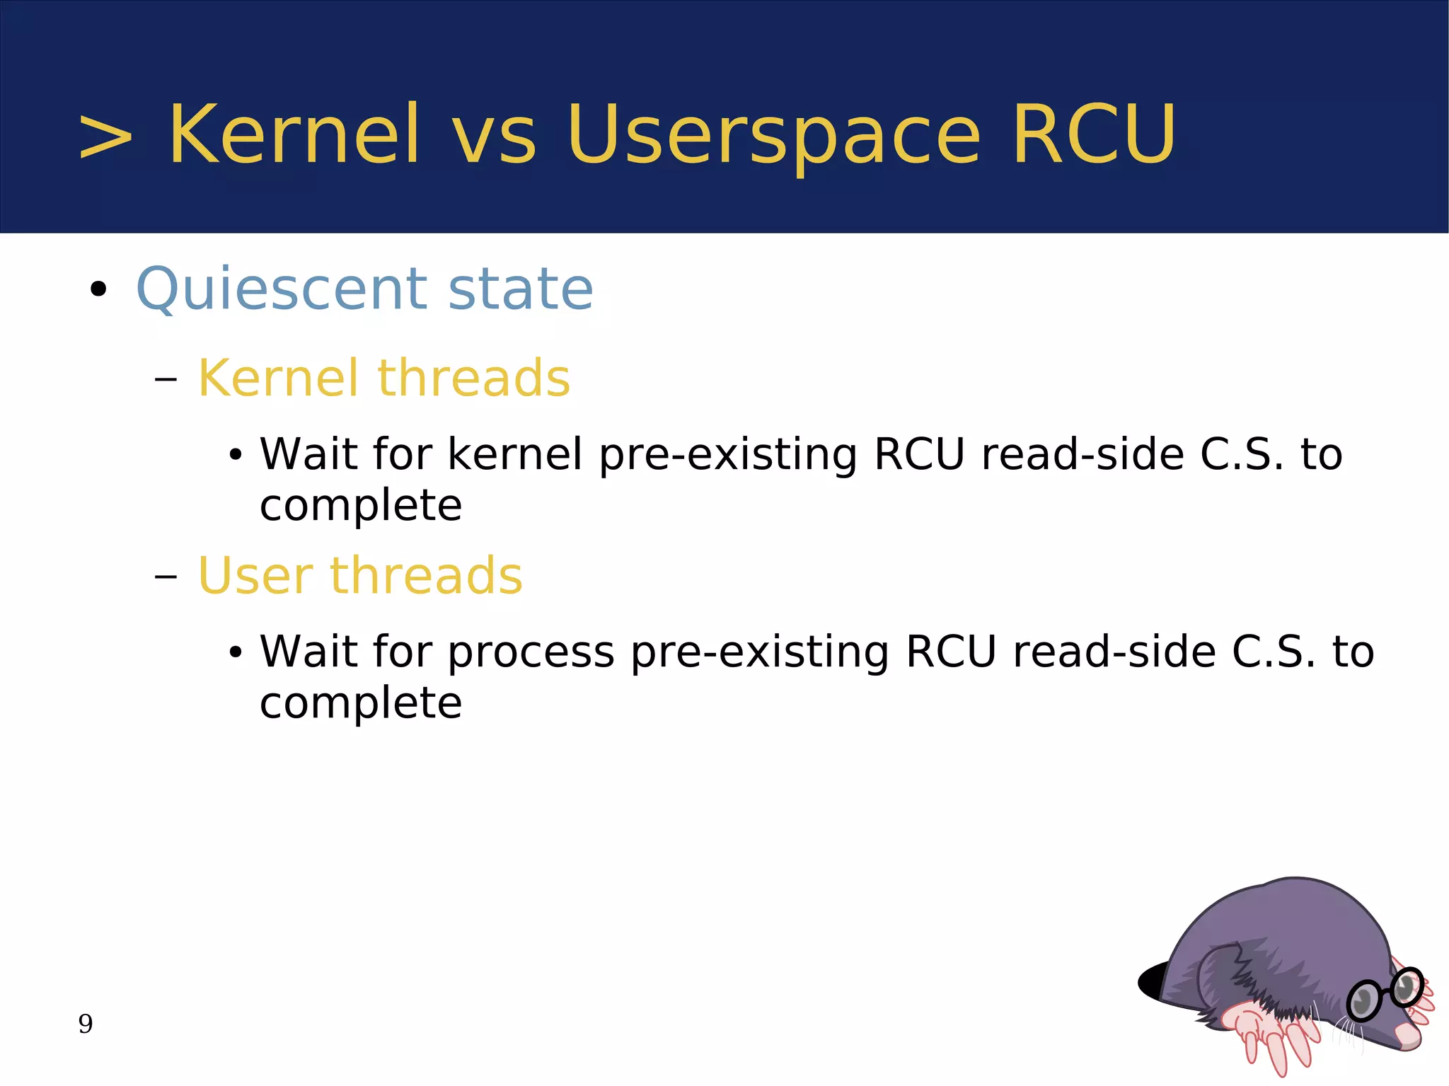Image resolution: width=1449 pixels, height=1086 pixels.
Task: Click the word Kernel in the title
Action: [x=294, y=134]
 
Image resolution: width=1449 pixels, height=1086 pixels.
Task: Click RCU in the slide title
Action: [x=1093, y=134]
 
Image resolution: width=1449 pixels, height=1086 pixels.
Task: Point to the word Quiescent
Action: [x=281, y=290]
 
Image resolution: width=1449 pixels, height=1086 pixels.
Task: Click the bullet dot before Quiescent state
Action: [x=98, y=289]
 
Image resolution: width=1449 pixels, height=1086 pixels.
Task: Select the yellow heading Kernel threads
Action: [x=383, y=379]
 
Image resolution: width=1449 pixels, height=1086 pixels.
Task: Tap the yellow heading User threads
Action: [x=359, y=576]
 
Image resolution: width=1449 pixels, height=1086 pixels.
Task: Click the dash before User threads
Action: [x=165, y=577]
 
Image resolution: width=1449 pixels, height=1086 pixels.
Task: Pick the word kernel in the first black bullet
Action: [x=514, y=454]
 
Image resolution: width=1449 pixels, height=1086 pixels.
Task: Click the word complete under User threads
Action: [x=361, y=705]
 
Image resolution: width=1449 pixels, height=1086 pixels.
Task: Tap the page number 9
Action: [x=86, y=1024]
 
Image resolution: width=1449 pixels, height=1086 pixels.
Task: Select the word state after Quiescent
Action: [x=520, y=290]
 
